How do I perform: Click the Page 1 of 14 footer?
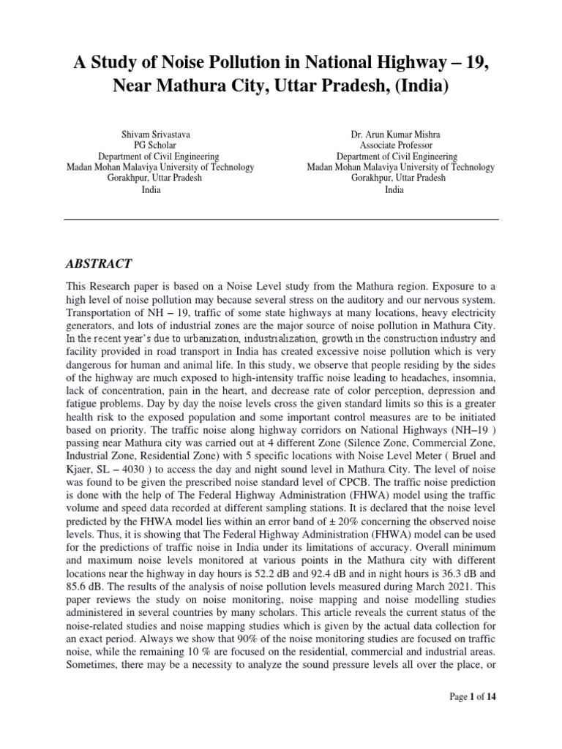[x=473, y=718]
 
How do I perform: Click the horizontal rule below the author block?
[x=281, y=219]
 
